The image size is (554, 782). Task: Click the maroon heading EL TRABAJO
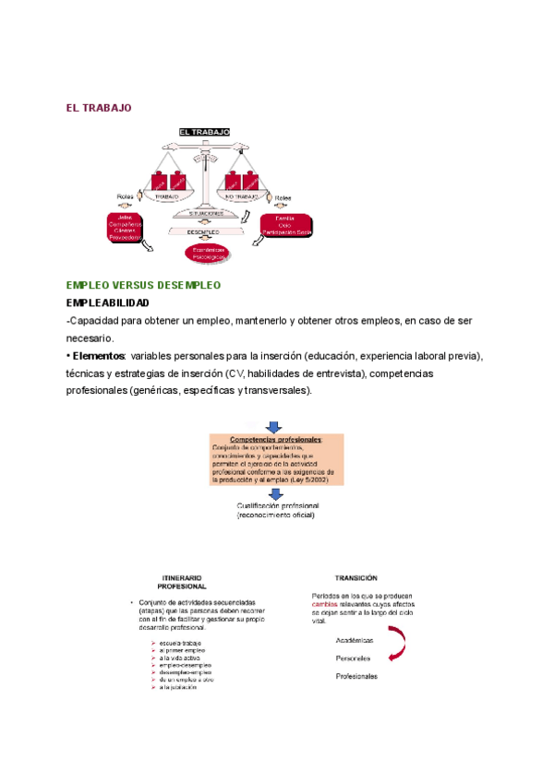pos(99,108)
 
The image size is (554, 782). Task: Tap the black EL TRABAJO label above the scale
pos(204,133)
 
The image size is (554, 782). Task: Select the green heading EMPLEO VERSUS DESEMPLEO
pos(143,286)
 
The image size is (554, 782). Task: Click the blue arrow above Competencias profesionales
pos(274,427)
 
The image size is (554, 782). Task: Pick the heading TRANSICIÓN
pos(356,576)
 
